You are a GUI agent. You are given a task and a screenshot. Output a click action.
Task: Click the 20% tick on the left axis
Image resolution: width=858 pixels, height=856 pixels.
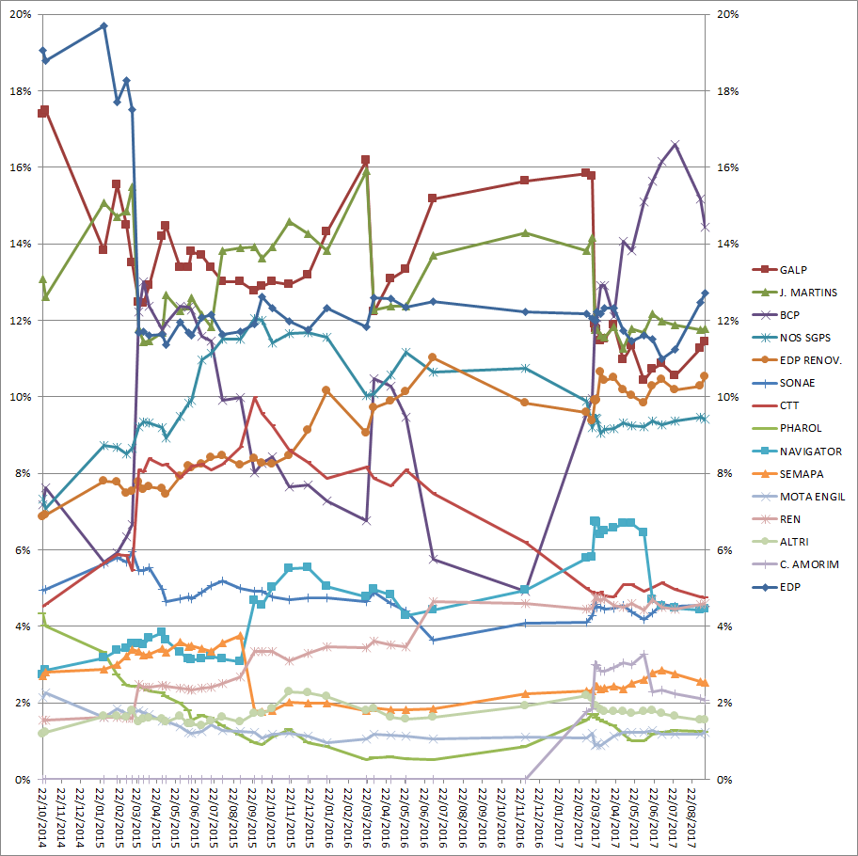20,15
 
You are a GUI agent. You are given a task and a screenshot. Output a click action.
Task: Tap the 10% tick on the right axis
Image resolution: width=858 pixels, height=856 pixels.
728,397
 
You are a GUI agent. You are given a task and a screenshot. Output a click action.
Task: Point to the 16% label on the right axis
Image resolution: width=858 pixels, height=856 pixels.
728,167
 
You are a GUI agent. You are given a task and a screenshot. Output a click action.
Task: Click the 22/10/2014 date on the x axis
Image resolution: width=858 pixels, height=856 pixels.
43,818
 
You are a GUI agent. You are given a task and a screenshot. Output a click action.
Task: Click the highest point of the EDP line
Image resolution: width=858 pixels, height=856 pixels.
103,25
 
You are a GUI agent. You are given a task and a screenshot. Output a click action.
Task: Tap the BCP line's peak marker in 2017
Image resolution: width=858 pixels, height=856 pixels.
675,144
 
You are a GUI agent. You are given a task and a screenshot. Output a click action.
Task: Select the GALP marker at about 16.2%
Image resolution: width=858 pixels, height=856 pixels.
365,160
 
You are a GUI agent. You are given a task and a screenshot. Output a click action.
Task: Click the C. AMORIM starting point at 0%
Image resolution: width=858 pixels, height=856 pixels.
524,779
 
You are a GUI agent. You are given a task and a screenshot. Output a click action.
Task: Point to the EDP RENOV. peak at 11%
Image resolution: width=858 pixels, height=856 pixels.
432,357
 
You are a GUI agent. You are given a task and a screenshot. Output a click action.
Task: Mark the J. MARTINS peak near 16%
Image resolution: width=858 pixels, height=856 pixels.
366,171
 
